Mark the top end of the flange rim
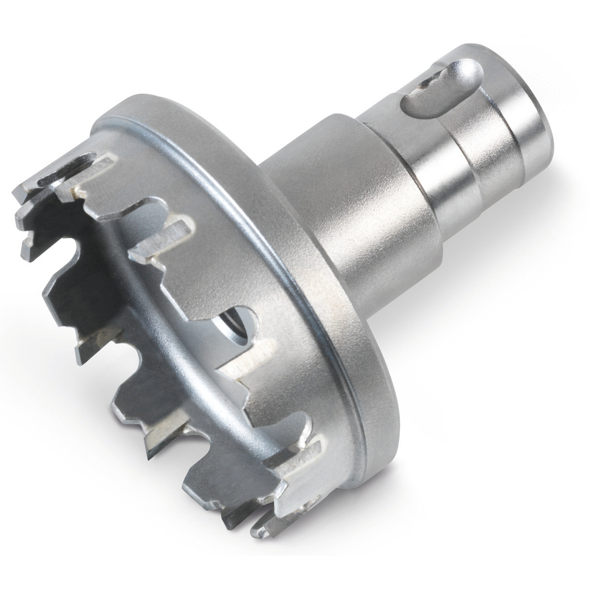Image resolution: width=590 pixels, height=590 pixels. click(118, 112)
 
